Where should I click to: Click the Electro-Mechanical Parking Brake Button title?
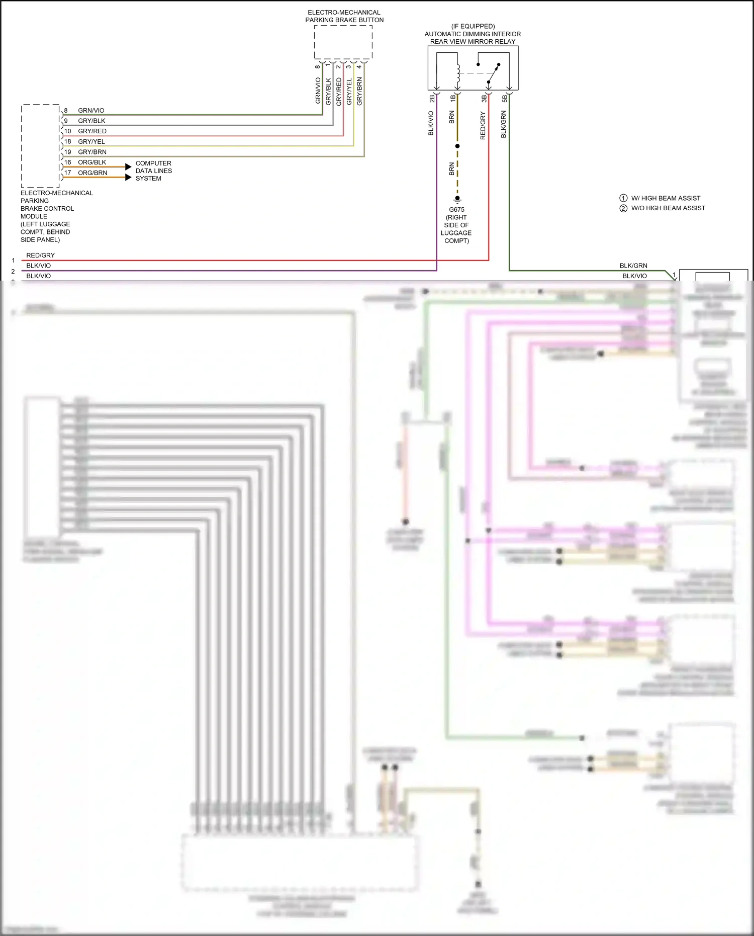click(344, 16)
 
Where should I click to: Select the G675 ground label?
click(456, 210)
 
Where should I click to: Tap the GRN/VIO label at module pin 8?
click(91, 110)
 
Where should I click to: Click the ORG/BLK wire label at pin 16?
click(92, 162)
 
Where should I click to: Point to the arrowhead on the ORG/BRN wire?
click(128, 177)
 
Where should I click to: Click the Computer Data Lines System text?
click(153, 171)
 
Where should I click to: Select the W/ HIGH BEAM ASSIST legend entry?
click(665, 198)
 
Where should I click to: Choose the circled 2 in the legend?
click(623, 208)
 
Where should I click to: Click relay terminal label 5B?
click(505, 99)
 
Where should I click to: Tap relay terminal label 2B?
click(432, 99)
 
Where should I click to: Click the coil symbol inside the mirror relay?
click(458, 73)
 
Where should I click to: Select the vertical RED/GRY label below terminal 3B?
click(483, 126)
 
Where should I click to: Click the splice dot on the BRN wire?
click(457, 146)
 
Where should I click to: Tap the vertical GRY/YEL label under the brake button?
click(349, 91)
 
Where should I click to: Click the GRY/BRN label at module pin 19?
click(92, 151)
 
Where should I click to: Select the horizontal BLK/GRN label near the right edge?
click(633, 266)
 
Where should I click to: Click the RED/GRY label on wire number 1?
click(40, 255)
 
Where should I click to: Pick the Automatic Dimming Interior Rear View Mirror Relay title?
click(473, 34)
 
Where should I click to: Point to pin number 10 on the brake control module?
click(67, 131)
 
